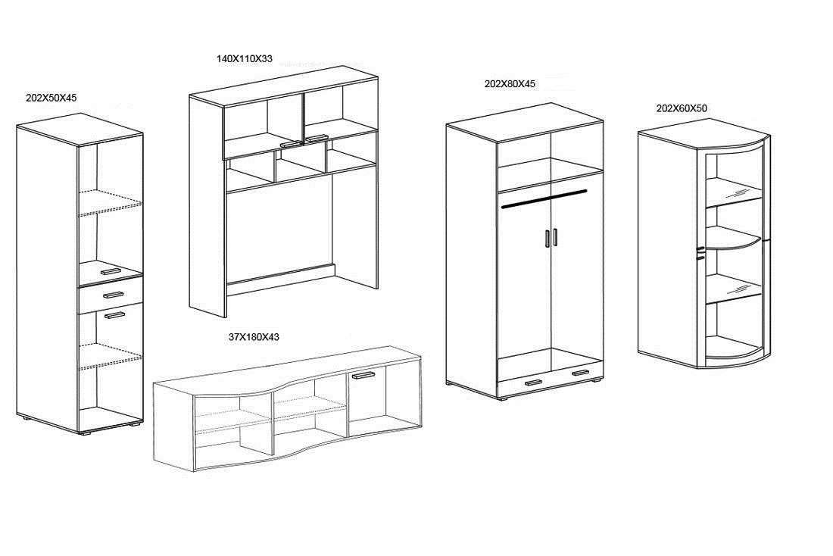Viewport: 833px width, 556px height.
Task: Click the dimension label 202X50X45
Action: [51, 98]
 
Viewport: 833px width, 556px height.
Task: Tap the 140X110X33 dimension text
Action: [244, 58]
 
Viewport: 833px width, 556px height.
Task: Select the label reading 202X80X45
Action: [510, 84]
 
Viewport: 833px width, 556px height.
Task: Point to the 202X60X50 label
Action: [682, 108]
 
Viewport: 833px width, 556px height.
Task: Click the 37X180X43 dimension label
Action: [254, 337]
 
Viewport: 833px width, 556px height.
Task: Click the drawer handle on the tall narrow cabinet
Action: [113, 295]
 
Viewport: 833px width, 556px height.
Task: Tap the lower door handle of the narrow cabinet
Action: [114, 315]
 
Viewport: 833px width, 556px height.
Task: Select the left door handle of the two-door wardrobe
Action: [547, 238]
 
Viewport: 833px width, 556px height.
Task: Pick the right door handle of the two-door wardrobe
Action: [555, 237]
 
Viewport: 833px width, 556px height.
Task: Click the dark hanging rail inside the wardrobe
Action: [544, 198]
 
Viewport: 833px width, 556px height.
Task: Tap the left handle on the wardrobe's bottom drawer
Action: [533, 383]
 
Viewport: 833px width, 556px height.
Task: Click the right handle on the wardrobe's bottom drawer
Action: [581, 373]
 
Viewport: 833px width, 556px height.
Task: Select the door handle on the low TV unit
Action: [363, 375]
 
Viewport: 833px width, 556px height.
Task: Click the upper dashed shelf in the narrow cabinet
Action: [111, 202]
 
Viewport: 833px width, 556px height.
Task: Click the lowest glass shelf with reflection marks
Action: [734, 289]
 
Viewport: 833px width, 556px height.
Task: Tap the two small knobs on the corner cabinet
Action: [700, 253]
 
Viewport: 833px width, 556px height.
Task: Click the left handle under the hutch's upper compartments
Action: [291, 144]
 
